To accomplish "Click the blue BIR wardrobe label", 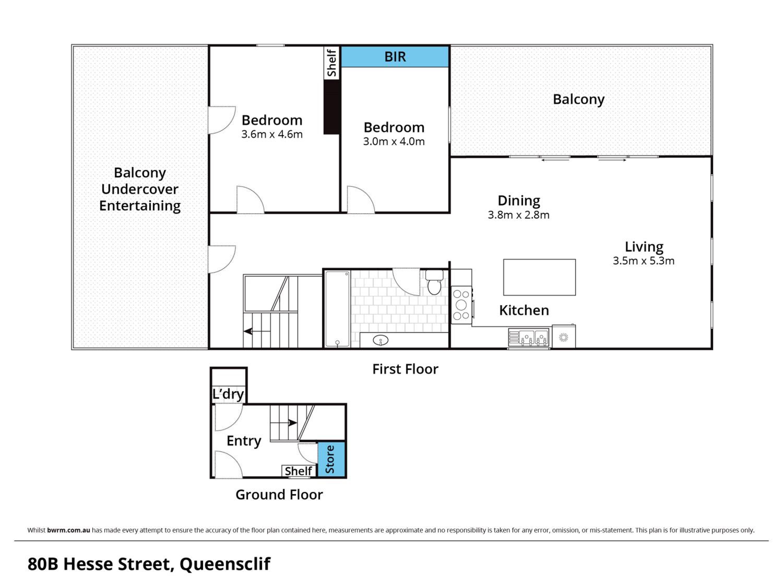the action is coord(395,57).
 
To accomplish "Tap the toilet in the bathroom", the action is coord(434,282).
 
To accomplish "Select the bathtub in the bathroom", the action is coord(337,309).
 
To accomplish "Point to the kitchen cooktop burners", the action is coord(461,305).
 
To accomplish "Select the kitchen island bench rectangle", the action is coord(539,277).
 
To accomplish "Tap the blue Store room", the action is coord(331,459).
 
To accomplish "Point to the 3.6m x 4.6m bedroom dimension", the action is coord(272,134).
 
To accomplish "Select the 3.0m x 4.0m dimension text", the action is coord(394,141).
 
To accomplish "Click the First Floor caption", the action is coord(405,369).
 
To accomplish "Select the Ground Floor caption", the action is coord(279,495).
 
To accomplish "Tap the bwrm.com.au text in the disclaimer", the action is coord(69,530).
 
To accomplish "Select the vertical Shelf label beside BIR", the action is coord(332,63).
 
